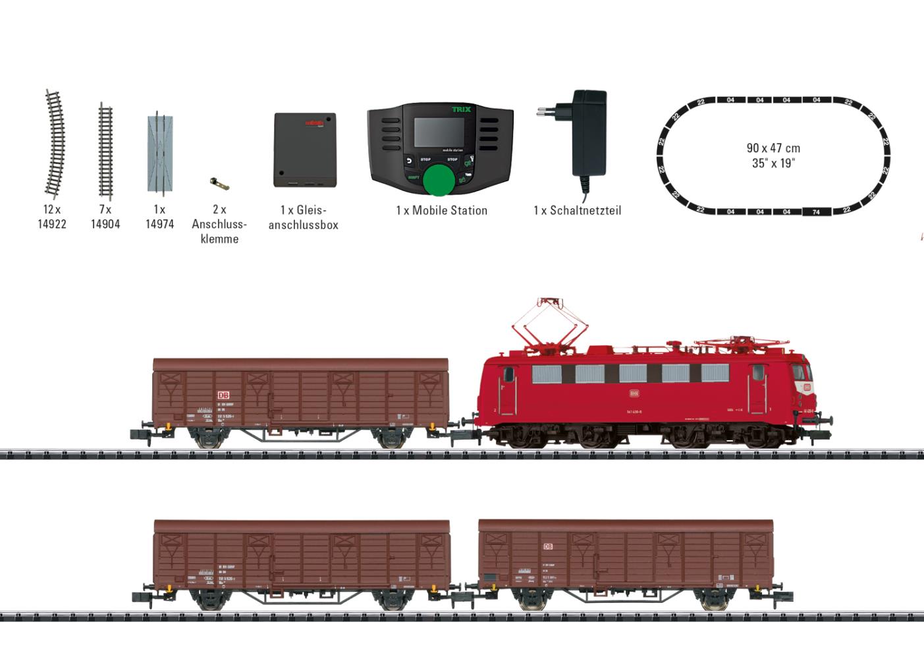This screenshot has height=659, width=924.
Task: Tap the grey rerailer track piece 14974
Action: [x=159, y=153]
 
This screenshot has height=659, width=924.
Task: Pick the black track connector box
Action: [x=305, y=150]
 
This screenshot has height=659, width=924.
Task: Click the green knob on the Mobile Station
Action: [x=439, y=180]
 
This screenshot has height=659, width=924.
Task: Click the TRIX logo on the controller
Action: [x=461, y=109]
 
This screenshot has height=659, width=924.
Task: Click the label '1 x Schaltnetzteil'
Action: [x=577, y=210]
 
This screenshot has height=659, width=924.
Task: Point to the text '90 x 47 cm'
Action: [x=773, y=148]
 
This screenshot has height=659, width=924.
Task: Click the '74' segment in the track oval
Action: [x=816, y=212]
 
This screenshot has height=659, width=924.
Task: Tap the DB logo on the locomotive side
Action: [x=634, y=393]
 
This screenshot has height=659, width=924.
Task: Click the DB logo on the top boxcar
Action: [x=222, y=395]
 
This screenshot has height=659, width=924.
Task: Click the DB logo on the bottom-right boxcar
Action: [x=548, y=547]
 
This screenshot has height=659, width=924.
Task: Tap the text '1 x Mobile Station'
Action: [x=441, y=210]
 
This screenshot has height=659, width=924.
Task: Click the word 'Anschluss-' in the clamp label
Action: [x=219, y=224]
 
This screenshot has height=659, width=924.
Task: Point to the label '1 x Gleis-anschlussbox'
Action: [x=304, y=217]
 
